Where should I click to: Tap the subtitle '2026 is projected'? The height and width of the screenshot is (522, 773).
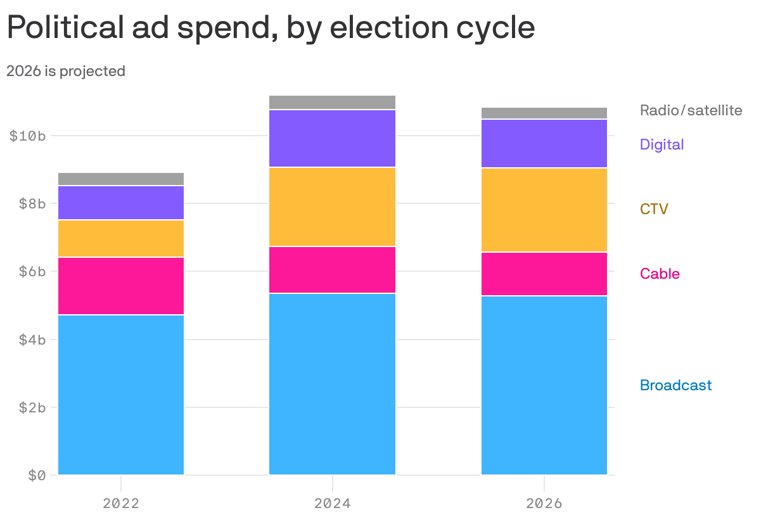[66, 72]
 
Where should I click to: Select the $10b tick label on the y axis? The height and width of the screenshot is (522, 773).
[27, 136]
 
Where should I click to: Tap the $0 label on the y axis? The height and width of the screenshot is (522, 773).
[36, 475]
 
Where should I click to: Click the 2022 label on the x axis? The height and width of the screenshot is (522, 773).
[120, 504]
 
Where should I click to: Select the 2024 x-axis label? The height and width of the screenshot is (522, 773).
[332, 504]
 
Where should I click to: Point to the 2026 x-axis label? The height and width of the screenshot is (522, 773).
[544, 504]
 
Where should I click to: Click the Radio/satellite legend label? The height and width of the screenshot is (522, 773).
[691, 110]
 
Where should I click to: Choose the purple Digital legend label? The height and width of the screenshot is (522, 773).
[661, 144]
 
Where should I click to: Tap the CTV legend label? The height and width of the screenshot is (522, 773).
[654, 209]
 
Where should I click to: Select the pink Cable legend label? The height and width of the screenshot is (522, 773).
[660, 274]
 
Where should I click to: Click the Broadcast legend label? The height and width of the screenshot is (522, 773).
[675, 385]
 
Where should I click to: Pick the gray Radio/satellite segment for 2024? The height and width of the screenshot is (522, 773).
[332, 102]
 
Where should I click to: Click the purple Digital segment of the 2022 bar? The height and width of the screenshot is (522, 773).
[120, 203]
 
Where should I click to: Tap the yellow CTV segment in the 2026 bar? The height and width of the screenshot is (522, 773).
[544, 210]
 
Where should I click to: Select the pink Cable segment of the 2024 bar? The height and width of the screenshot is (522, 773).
[332, 270]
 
